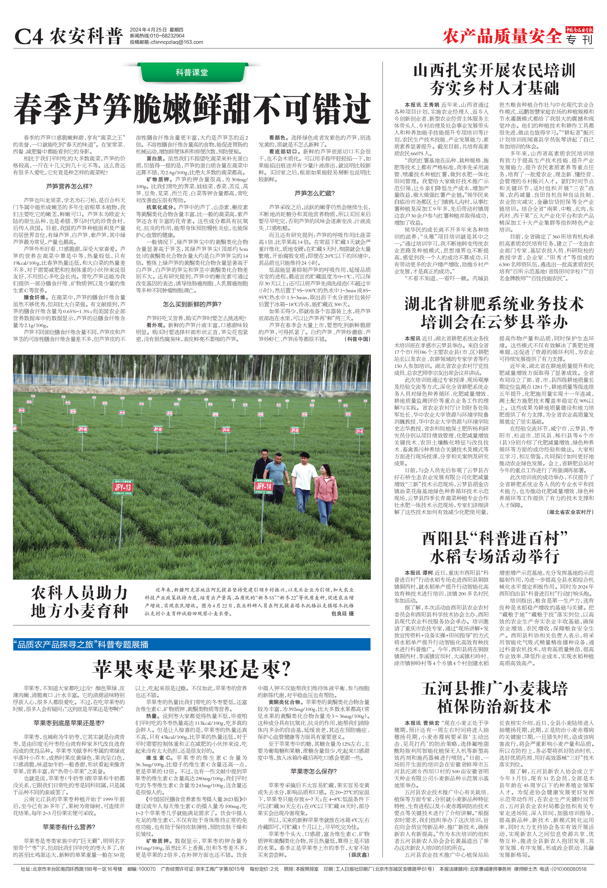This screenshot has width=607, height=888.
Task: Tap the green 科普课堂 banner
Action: coord(192,72)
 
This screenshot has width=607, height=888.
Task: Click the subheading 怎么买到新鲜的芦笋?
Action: coord(192,304)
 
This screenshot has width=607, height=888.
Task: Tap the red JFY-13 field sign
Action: coord(123,487)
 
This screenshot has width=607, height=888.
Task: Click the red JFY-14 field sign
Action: coord(264,486)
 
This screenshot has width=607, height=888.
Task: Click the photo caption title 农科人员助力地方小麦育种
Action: coord(79,602)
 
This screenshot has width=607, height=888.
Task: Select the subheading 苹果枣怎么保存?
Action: coord(314,771)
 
